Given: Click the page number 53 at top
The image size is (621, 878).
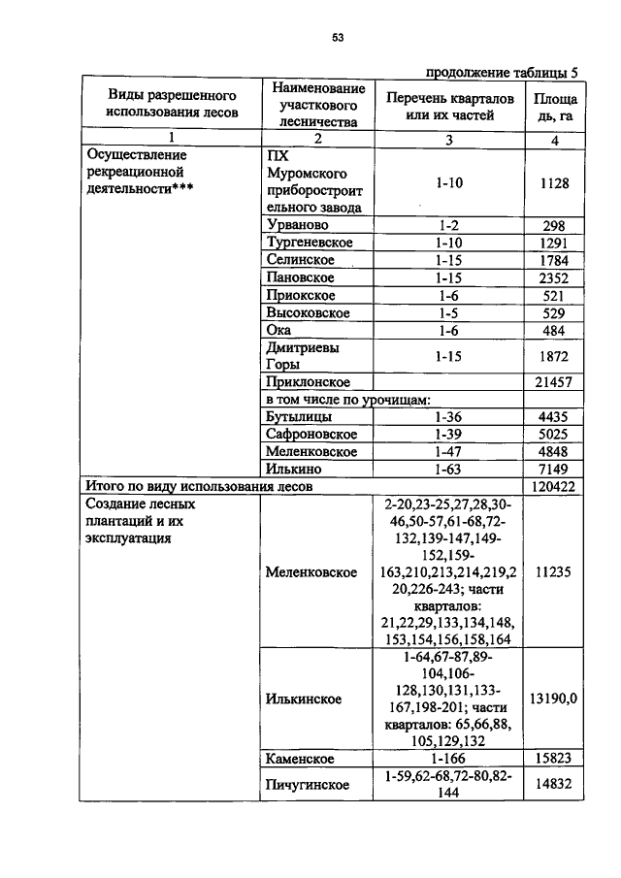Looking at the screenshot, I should pyautogui.click(x=338, y=38).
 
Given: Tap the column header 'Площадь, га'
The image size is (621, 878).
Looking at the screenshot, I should pyautogui.click(x=555, y=107).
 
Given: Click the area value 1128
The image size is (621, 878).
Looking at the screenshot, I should pyautogui.click(x=555, y=182).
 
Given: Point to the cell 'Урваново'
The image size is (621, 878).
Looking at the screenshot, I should pyautogui.click(x=295, y=224).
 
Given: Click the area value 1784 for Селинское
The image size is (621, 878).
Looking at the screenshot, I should pyautogui.click(x=555, y=260).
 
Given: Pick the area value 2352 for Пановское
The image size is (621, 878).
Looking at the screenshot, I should pyautogui.click(x=555, y=278).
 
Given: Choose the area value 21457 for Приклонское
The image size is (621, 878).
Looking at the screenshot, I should pyautogui.click(x=555, y=382).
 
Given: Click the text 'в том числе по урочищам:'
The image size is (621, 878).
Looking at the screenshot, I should pyautogui.click(x=346, y=400).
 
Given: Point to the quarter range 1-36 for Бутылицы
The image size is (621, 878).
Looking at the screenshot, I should pyautogui.click(x=447, y=417).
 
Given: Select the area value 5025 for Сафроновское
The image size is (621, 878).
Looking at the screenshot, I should pyautogui.click(x=555, y=435).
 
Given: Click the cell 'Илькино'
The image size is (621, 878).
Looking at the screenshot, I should pyautogui.click(x=293, y=470).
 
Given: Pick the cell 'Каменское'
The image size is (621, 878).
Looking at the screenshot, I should pyautogui.click(x=300, y=758).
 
